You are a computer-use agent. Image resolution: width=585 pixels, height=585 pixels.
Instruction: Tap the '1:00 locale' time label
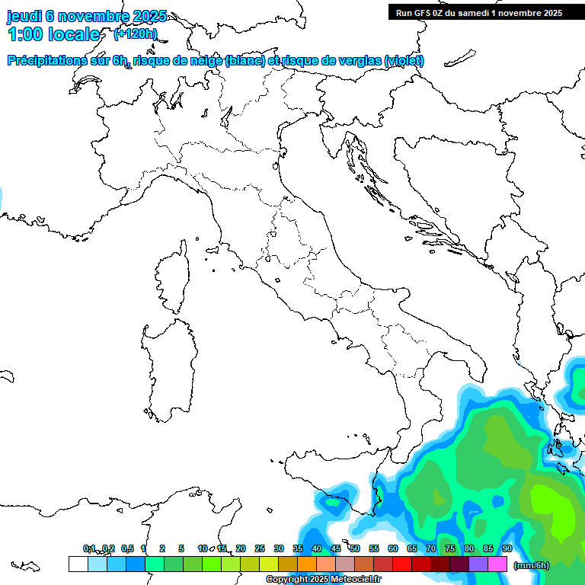(54, 34)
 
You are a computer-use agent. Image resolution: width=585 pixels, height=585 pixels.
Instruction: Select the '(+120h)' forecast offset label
(135, 34)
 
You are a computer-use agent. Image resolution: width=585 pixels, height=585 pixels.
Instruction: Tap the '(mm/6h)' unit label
(532, 565)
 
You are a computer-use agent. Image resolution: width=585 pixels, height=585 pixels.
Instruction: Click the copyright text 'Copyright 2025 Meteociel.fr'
(323, 580)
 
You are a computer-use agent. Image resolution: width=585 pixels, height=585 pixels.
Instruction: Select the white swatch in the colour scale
(78, 564)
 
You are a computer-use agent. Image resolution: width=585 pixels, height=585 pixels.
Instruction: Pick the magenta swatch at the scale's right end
(497, 564)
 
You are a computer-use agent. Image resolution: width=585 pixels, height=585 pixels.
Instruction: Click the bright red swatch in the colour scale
(402, 564)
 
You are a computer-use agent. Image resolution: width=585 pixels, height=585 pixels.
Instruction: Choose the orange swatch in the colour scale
(307, 564)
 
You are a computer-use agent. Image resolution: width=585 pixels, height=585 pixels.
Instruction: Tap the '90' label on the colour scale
(507, 548)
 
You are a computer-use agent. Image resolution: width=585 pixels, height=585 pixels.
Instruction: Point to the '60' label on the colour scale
(393, 548)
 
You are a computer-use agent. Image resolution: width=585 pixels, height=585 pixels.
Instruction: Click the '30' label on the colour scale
(279, 548)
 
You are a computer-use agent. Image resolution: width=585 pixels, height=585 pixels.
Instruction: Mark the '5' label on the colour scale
(181, 548)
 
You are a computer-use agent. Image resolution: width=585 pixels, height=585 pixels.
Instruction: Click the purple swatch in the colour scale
(478, 564)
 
